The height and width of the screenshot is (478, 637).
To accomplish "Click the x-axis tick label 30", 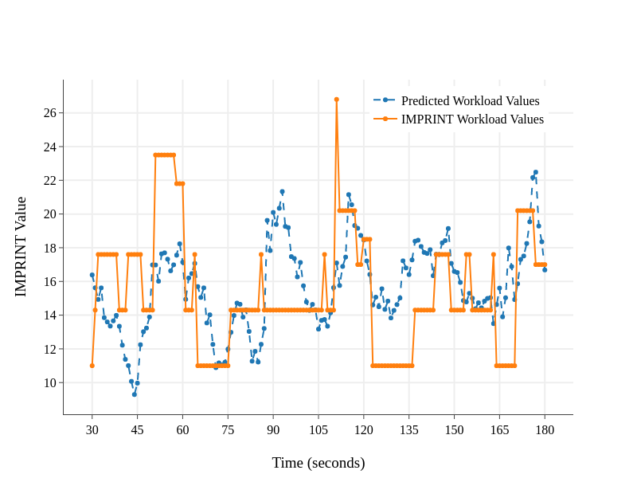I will pos(92,430).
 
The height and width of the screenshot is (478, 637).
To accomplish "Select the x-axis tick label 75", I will pos(228,430).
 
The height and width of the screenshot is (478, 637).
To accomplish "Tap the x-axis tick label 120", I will pos(364,430).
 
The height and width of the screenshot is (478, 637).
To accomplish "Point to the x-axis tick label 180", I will pos(545,430).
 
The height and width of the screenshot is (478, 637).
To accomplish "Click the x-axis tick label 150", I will pos(454,430).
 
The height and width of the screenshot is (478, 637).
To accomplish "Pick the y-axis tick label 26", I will pos(49,113).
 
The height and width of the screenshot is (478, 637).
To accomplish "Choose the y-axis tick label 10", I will pos(49,382).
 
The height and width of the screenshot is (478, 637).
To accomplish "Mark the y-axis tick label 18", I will pos(49,248).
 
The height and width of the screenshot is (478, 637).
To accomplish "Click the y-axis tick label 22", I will pos(49,181).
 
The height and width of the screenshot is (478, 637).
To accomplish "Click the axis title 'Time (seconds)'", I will pos(318,463).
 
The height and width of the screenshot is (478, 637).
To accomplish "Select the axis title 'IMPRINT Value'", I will pos(21,247).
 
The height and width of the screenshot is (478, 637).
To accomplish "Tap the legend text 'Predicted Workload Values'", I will pos(470,101).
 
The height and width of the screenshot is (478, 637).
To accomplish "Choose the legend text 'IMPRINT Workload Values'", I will pos(472,119).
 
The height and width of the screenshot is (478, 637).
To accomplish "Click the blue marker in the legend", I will pos(385,100).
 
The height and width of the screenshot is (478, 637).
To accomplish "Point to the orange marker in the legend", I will pos(385,119).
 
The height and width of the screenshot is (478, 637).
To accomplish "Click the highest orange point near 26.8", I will pos(337,100).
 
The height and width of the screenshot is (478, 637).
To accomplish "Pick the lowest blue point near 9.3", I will pos(135,394).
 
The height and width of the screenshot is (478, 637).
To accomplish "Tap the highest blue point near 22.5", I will pos(536,172).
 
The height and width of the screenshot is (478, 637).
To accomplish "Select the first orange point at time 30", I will pos(92,366).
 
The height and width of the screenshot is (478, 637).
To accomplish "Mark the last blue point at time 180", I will pos(545,270).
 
